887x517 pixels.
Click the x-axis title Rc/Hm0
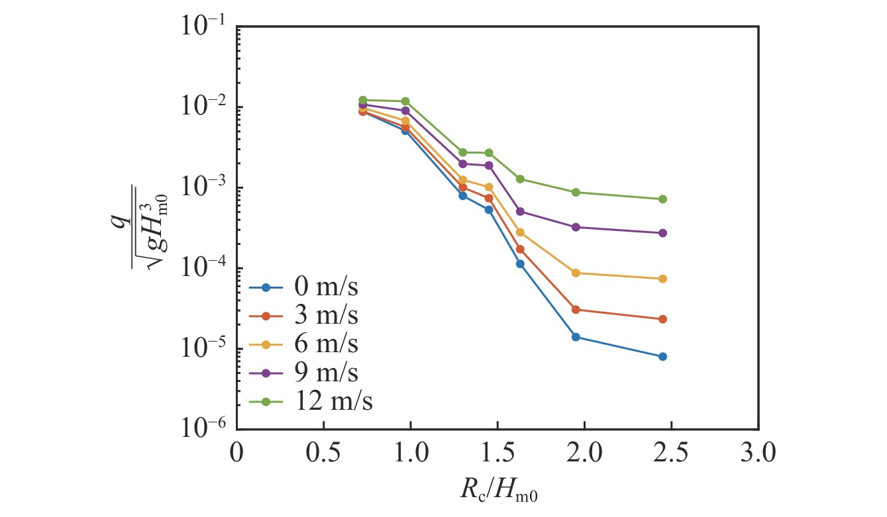coord(497,491)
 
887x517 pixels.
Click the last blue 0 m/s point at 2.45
coord(662,357)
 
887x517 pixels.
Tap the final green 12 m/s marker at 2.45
coord(662,199)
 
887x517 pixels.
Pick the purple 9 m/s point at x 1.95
coord(576,227)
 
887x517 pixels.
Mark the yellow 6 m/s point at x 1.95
coord(576,273)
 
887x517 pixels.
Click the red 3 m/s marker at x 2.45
coord(662,319)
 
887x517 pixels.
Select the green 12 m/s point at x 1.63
coord(520,179)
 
